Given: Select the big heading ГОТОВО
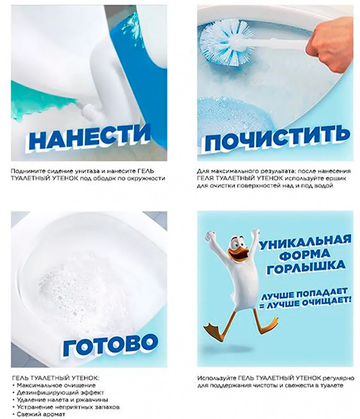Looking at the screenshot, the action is coord(111,344).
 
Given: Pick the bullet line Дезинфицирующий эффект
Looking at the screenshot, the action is coord(60,393).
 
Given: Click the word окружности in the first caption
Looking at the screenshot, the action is coord(147,178).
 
